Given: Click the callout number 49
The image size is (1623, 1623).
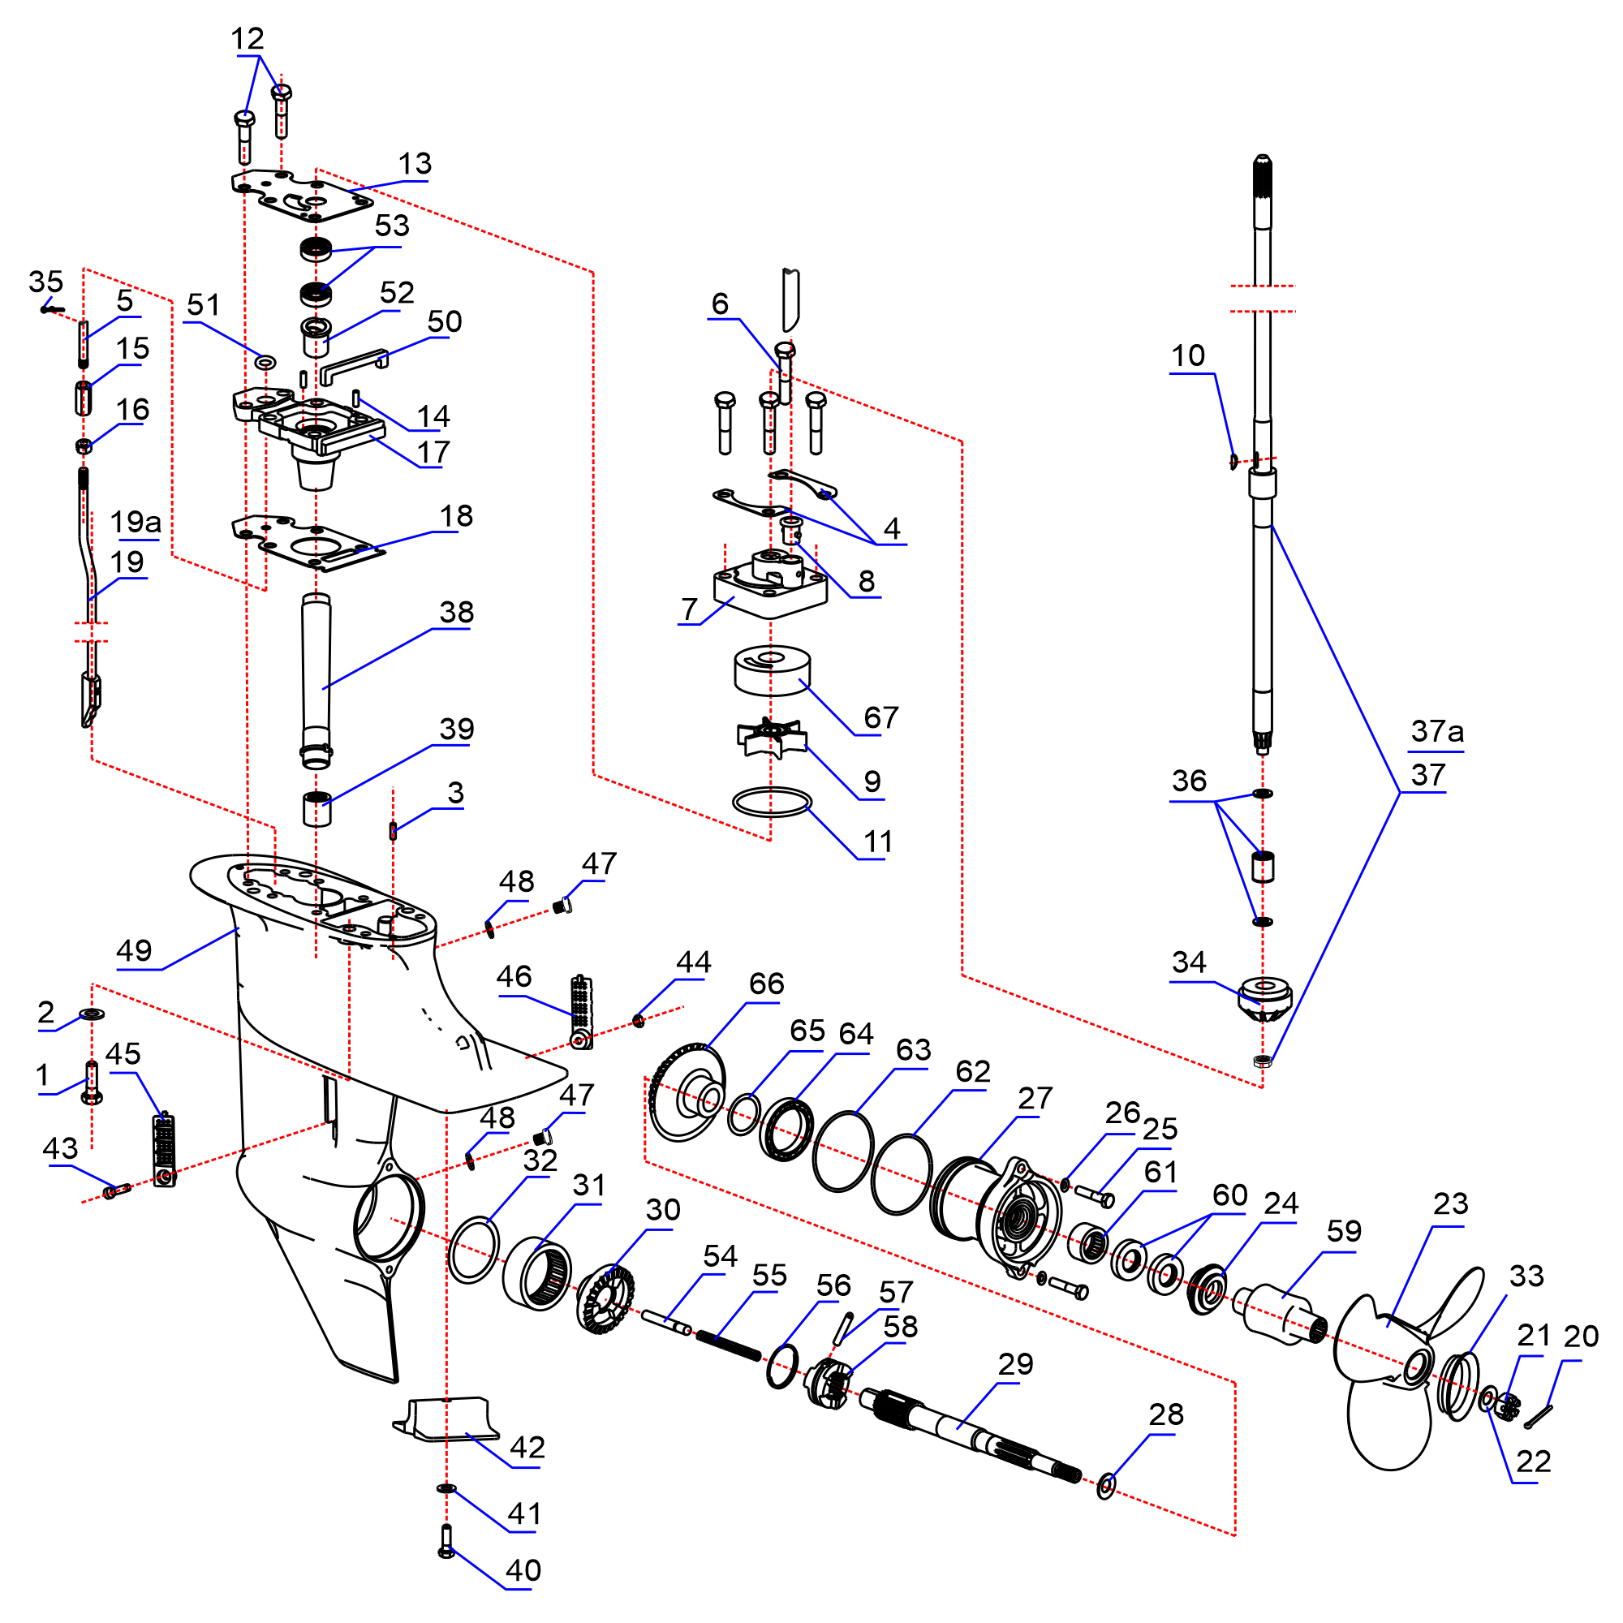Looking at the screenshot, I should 134,951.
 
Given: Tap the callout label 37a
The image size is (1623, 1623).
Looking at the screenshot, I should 1436,732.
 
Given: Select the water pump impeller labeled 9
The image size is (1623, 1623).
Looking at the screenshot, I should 771,738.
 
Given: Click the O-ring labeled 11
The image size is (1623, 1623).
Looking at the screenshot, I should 772,803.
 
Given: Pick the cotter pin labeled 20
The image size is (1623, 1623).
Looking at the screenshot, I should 1538,1416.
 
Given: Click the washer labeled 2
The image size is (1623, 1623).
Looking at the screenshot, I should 92,1014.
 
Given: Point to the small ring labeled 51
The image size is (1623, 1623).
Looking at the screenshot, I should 265,362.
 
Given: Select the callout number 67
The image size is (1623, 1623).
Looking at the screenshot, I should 880,717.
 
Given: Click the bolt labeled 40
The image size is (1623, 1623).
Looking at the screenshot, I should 446,1542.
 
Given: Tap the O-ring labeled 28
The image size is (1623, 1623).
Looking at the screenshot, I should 1106,1485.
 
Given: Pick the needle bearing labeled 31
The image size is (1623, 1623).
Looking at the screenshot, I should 538,1274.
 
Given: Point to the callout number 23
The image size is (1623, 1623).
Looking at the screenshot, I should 1450,1203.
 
